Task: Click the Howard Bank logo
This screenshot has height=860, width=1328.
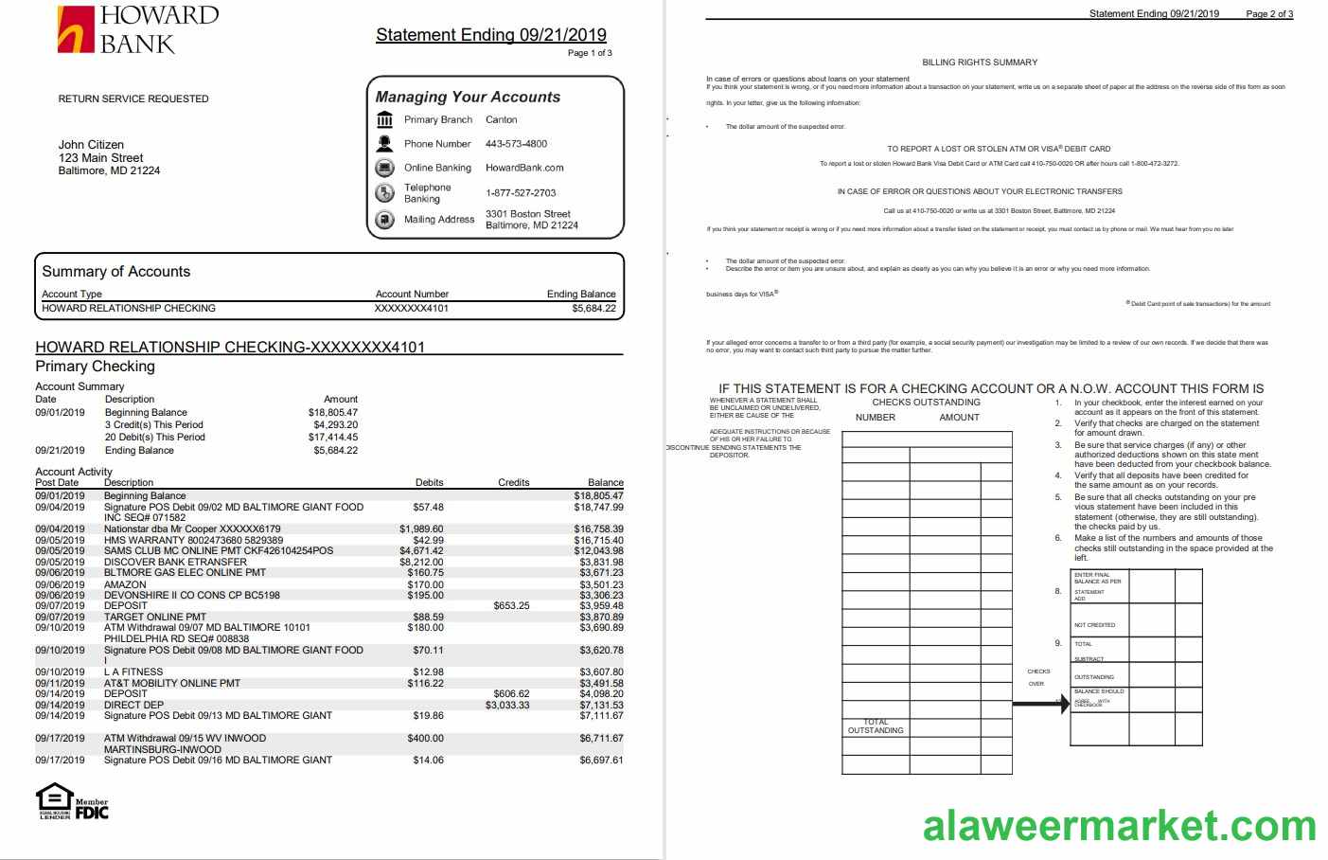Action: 137,29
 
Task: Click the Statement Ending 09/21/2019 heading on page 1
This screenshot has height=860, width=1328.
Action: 490,35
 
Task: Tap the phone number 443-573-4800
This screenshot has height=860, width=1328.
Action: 516,144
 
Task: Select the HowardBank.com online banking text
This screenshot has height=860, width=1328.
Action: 524,168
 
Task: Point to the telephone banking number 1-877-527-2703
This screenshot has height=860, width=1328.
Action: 521,192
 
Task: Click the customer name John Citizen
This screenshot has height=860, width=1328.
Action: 91,145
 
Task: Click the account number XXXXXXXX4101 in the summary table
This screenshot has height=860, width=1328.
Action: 411,308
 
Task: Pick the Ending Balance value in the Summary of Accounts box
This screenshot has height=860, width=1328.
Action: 593,308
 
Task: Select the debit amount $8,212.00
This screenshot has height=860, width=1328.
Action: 421,562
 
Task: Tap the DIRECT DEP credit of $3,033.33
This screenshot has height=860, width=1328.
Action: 507,705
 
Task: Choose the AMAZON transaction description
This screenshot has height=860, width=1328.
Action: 125,584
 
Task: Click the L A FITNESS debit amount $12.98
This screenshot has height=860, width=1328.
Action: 428,672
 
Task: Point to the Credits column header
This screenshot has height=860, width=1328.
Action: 513,482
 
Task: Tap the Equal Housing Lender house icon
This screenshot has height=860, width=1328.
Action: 54,800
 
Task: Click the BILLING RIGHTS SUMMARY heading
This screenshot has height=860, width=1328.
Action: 980,63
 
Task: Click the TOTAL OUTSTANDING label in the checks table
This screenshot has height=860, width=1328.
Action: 876,726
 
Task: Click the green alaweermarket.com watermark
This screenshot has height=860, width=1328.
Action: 1119,825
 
